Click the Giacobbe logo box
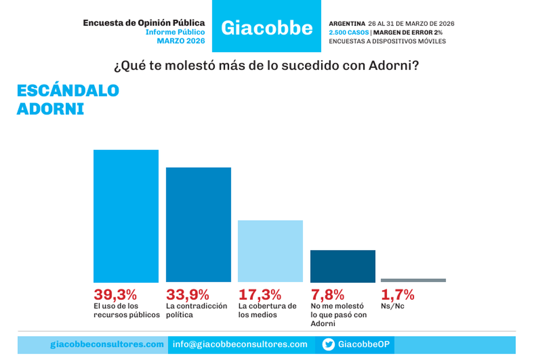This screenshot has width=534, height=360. pyautogui.click(x=266, y=27)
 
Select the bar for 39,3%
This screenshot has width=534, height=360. pyautogui.click(x=126, y=216)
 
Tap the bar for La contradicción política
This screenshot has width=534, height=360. pyautogui.click(x=198, y=224)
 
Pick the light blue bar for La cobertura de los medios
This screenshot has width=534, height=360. pyautogui.click(x=270, y=251)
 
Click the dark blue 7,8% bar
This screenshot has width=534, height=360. pyautogui.click(x=343, y=266)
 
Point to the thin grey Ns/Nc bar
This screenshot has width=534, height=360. pyautogui.click(x=413, y=280)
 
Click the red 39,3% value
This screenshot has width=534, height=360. pyautogui.click(x=115, y=294)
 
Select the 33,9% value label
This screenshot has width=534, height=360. pyautogui.click(x=187, y=294)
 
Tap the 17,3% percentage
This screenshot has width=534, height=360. pyautogui.click(x=260, y=294)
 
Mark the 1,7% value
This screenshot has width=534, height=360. pyautogui.click(x=397, y=294)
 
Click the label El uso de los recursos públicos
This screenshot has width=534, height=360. pyautogui.click(x=126, y=310)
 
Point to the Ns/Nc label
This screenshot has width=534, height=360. pyautogui.click(x=392, y=306)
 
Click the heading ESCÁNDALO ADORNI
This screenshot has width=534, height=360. pyautogui.click(x=68, y=99)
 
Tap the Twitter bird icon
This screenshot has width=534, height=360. pyautogui.click(x=328, y=344)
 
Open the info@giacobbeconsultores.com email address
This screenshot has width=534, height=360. pyautogui.click(x=240, y=344)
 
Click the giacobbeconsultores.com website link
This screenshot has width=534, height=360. pyautogui.click(x=107, y=344)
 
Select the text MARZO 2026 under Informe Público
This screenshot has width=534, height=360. pyautogui.click(x=181, y=40)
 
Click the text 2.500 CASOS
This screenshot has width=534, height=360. pyautogui.click(x=348, y=32)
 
